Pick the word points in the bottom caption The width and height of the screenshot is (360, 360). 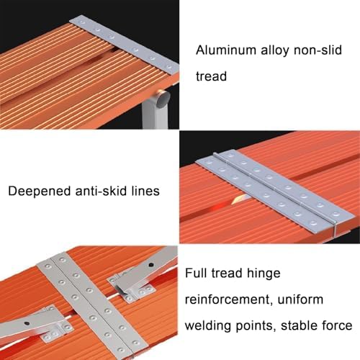pos(251,325)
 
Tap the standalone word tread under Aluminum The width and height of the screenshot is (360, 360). pos(212,76)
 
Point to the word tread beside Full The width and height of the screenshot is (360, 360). pos(229,274)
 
